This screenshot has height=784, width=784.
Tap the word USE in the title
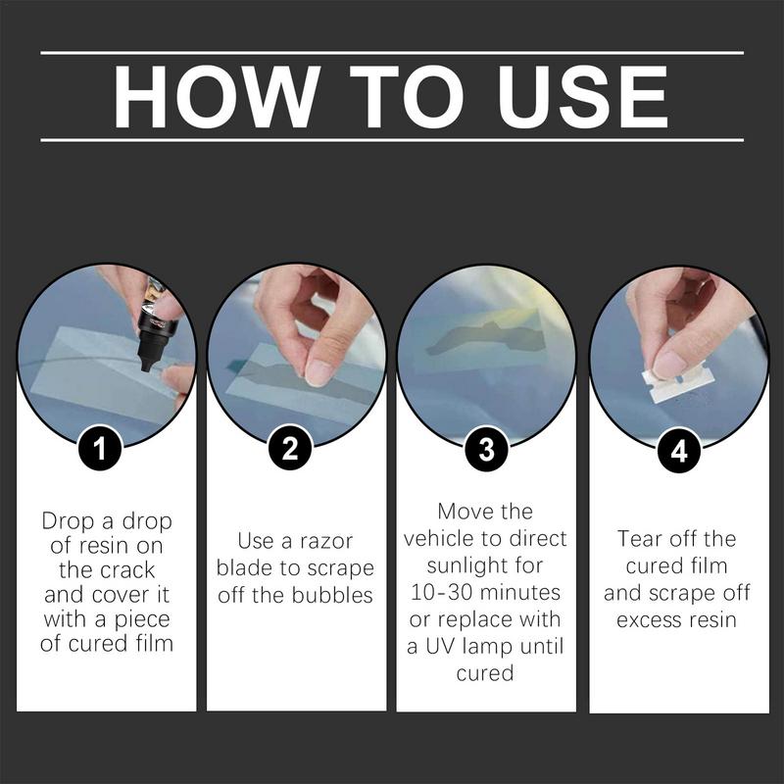click(x=582, y=96)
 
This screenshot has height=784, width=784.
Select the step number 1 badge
click(x=101, y=449)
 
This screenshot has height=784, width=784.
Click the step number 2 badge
click(x=290, y=448)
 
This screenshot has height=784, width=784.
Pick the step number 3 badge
click(x=486, y=449)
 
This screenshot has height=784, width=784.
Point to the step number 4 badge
click(x=679, y=451)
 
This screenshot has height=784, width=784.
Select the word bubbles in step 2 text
click(x=332, y=595)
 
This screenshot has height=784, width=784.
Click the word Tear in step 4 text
click(x=640, y=539)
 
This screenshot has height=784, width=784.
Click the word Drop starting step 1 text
click(x=69, y=521)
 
